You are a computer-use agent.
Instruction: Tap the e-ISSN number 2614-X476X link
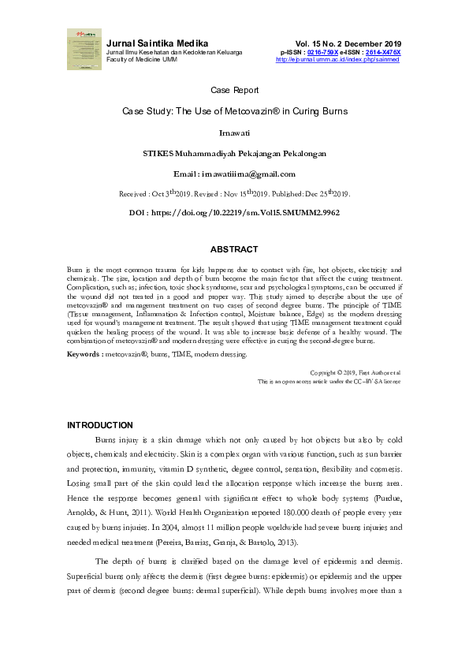pyautogui.click(x=382, y=52)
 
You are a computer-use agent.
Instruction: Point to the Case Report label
pyautogui.click(x=234, y=91)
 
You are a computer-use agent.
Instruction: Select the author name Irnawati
pyautogui.click(x=234, y=133)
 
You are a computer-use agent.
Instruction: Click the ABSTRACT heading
pyautogui.click(x=234, y=249)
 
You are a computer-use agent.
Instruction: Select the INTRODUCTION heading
pyautogui.click(x=100, y=426)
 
